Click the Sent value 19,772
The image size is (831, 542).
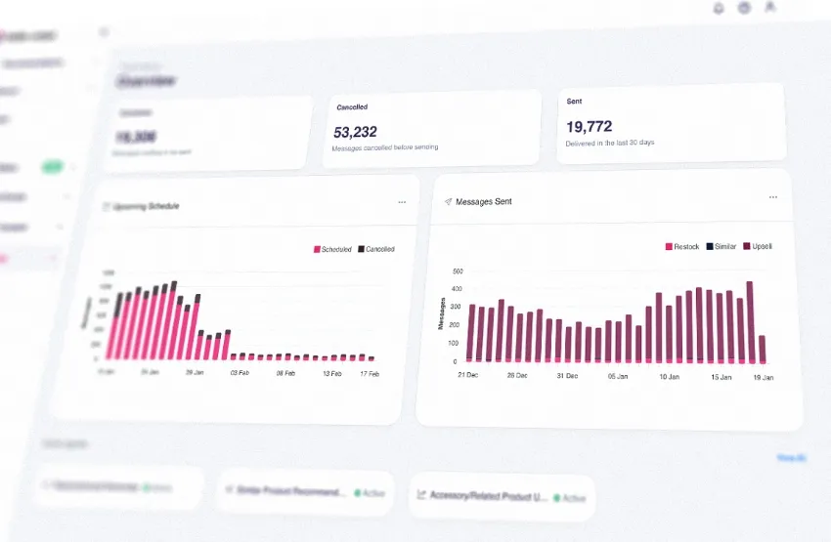[x=590, y=126]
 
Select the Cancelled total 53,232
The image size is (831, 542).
[x=356, y=132]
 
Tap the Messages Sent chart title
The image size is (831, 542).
[x=484, y=201]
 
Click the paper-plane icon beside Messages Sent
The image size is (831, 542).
[x=448, y=201]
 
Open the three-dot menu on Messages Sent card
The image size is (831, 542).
[x=773, y=197]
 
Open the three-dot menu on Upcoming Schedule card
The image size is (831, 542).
[x=402, y=202]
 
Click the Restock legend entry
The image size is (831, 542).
[x=682, y=246]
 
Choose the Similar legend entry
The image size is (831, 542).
[x=722, y=246]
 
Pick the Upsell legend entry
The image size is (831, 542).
[x=758, y=246]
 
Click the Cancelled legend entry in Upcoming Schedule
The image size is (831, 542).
[x=376, y=249]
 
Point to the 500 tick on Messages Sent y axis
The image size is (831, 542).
[x=456, y=271]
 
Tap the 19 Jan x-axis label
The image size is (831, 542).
[x=762, y=376]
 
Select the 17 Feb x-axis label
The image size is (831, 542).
[x=369, y=373]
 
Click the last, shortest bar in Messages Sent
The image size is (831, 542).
[x=763, y=350]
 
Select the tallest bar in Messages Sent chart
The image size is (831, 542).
[x=750, y=322]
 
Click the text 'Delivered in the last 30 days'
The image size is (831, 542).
[x=610, y=143]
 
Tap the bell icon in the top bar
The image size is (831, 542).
[x=719, y=8]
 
